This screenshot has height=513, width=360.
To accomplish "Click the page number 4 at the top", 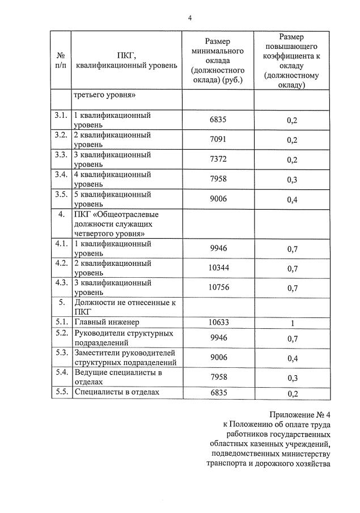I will tap(190, 18).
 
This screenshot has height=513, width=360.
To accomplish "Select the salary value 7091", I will tap(218, 139).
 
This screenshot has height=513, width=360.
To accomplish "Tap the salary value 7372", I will tap(218, 159).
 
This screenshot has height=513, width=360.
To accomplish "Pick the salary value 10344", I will tap(218, 268).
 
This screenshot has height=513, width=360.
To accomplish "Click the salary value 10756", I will tap(218, 287).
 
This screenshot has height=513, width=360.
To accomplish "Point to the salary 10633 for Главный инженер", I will tap(218, 322).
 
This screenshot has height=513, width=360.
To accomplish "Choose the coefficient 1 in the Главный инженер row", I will tap(292, 323).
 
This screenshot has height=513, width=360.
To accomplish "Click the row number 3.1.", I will tap(61, 116).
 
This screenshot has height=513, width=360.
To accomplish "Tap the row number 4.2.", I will tap(61, 263).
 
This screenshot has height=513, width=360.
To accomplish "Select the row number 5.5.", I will tap(61, 391).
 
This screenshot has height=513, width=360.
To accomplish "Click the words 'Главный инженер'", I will tap(106, 322).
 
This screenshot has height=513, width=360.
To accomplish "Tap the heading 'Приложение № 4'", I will tap(299, 414).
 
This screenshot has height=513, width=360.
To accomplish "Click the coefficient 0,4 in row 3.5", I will tap(292, 200).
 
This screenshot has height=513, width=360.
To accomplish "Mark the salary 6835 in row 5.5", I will tap(218, 392).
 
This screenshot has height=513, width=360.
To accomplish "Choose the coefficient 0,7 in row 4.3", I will tap(292, 288).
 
